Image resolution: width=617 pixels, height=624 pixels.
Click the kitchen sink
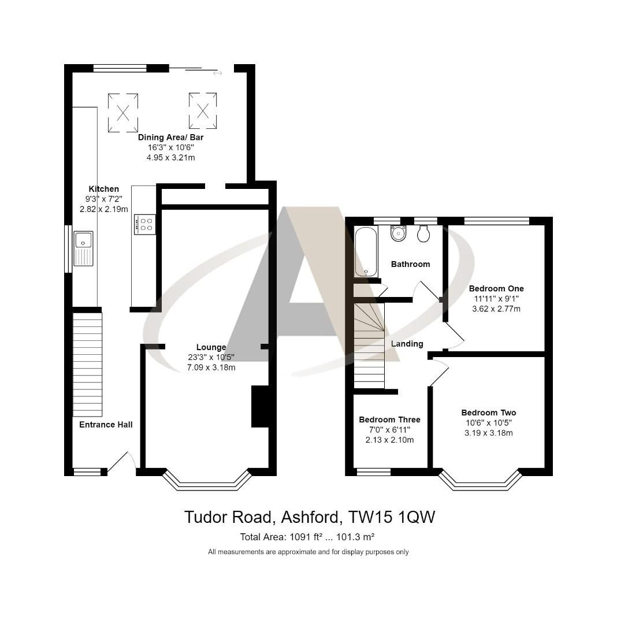point(83,249)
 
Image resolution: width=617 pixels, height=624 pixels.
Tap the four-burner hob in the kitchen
point(144,224)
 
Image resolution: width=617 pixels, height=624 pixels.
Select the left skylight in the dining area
point(123,113)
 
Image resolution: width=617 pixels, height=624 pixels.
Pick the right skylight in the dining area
point(203,110)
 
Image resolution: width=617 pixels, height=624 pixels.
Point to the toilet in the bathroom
point(423,233)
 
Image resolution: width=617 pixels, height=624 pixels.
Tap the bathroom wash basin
point(398,233)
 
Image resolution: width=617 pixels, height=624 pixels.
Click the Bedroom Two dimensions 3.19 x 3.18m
point(488,433)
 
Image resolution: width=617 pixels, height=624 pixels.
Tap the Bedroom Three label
point(389,419)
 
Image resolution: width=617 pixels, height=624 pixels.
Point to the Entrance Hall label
point(106,425)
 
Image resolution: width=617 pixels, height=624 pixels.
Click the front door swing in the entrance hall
point(123,462)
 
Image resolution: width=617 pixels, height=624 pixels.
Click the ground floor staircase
point(87,364)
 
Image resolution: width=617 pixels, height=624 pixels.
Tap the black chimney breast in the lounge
point(260,407)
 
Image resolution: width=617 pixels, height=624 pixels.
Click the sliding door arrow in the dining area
point(217,73)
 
